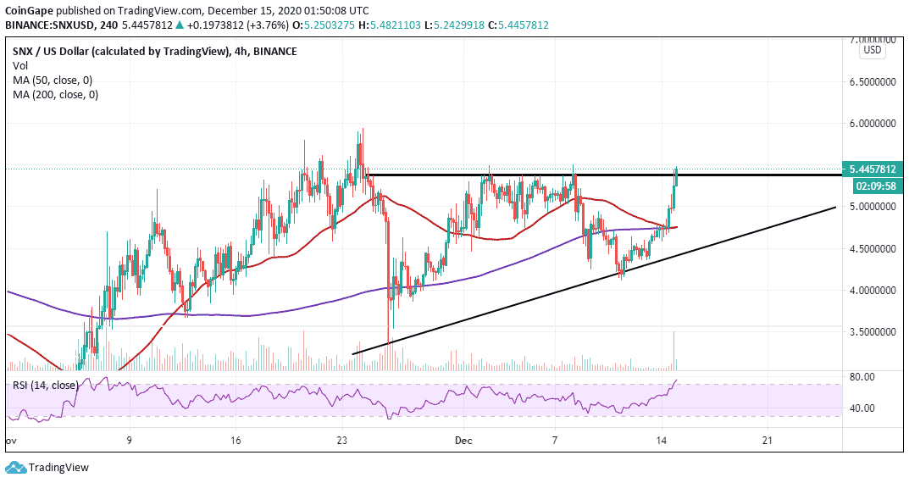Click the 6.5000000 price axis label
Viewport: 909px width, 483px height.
coord(873,82)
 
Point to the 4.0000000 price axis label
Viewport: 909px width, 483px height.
coord(873,291)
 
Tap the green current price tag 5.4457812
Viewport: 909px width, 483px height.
coord(873,169)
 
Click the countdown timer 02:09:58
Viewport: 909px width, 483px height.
coord(873,186)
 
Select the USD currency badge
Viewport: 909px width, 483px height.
coord(873,51)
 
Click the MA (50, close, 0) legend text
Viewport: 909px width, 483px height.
coord(53,80)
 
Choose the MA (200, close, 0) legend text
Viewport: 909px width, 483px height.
coord(55,95)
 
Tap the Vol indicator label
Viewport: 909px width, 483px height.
coord(20,66)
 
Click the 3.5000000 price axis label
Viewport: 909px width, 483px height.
coord(873,332)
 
